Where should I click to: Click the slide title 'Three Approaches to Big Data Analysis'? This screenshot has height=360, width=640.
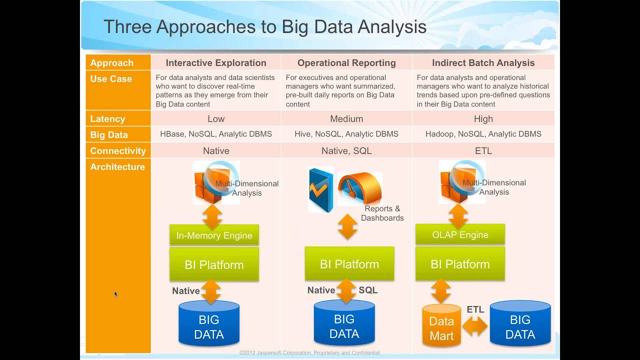point(264,27)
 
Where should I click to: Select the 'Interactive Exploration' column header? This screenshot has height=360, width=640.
point(216,63)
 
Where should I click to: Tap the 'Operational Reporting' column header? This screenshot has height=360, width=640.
point(346,63)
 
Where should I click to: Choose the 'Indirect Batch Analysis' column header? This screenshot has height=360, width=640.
point(483,63)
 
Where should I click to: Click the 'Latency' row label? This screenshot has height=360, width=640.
point(107,119)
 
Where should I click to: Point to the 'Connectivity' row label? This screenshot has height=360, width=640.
point(118,151)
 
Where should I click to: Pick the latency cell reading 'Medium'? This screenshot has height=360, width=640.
point(346,119)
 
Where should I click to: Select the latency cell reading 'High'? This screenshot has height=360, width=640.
point(483,119)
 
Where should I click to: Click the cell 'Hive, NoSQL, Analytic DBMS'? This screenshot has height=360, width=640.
point(346,134)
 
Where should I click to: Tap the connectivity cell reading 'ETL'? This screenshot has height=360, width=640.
point(483,150)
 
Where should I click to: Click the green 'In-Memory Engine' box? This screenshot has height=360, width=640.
point(214,235)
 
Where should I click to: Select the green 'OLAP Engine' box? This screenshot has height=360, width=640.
point(460,234)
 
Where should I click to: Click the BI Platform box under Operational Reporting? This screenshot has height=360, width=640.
point(349,264)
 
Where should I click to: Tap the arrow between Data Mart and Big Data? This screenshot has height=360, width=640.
point(474,326)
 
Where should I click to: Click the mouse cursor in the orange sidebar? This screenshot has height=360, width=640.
point(115,294)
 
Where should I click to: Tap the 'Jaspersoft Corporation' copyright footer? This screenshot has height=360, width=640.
point(309,353)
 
